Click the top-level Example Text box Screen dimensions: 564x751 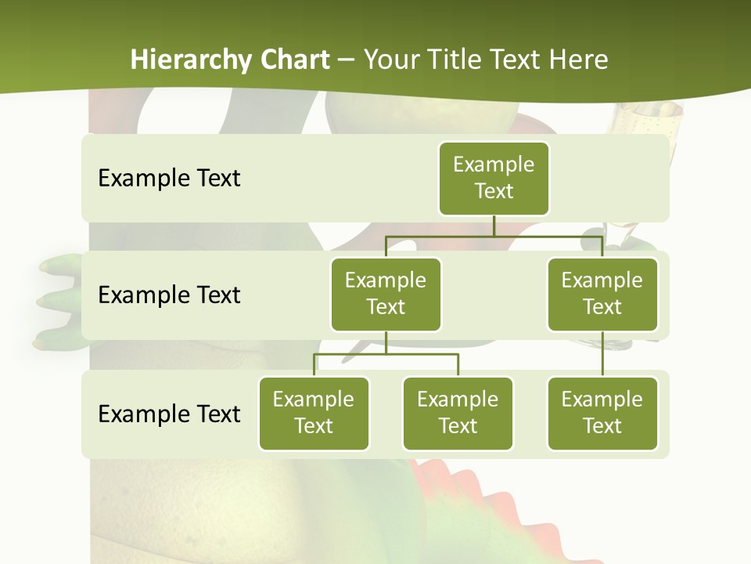click(x=494, y=178)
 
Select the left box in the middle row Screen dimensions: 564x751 click(x=386, y=294)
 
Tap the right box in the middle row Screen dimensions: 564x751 click(x=602, y=294)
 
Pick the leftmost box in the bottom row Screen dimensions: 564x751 click(x=314, y=413)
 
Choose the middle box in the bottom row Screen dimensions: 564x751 click(x=458, y=413)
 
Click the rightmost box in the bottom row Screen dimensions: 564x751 click(x=602, y=413)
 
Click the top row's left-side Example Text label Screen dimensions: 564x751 click(x=169, y=179)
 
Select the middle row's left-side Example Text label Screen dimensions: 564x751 click(x=169, y=295)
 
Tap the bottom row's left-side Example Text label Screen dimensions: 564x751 click(x=169, y=414)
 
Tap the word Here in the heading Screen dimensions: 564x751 click(x=580, y=60)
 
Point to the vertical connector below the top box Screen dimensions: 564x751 click(x=494, y=226)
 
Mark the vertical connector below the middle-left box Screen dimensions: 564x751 click(x=386, y=342)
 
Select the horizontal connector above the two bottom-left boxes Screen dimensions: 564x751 click(x=386, y=354)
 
